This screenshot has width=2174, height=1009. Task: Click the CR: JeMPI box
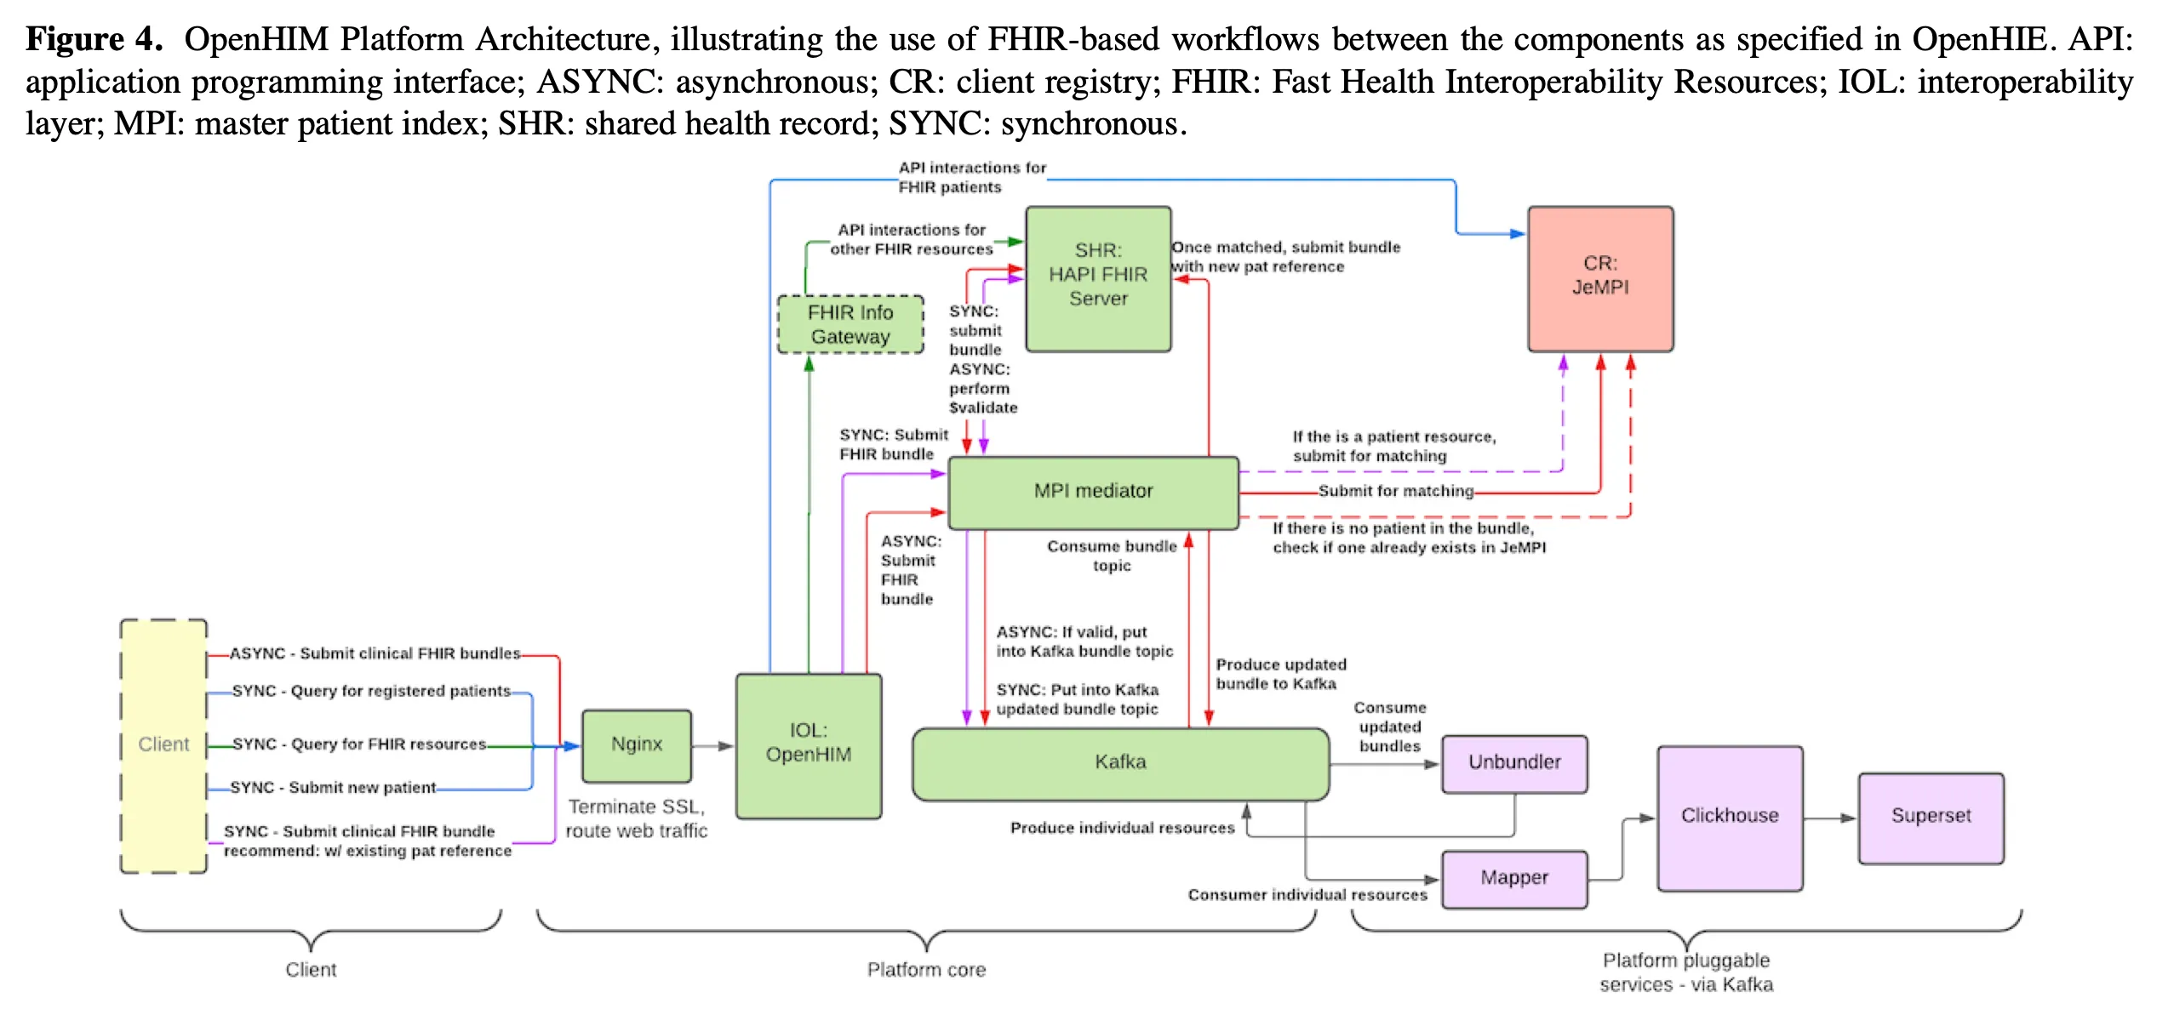coord(1599,278)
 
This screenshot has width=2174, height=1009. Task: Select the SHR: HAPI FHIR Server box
coord(1097,278)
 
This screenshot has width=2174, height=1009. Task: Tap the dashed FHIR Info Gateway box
coord(850,324)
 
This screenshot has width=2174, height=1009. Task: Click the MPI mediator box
coord(1093,492)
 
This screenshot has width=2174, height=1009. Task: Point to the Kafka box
coord(1119,763)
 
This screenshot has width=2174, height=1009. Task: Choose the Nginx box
coord(636,745)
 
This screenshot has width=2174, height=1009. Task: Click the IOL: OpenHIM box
coord(808,745)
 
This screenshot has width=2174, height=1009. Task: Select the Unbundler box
coord(1513,763)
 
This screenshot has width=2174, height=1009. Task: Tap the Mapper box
coord(1513,878)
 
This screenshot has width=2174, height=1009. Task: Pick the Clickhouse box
coord(1729,817)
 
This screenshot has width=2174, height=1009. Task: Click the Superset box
coord(1930,817)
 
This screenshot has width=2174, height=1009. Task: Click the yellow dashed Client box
coord(163,745)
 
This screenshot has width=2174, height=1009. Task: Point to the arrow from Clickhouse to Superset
coord(1829,818)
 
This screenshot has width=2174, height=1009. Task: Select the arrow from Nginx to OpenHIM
coord(712,746)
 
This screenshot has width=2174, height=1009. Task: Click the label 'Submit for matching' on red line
coord(1395,492)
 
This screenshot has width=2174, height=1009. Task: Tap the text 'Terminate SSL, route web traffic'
coord(636,818)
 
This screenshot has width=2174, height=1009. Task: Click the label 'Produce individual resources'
coord(1121,829)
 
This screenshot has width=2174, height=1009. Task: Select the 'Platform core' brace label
coord(926,970)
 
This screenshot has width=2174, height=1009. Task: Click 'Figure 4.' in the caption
coord(94,40)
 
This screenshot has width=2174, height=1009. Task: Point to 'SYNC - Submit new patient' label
coord(333,789)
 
